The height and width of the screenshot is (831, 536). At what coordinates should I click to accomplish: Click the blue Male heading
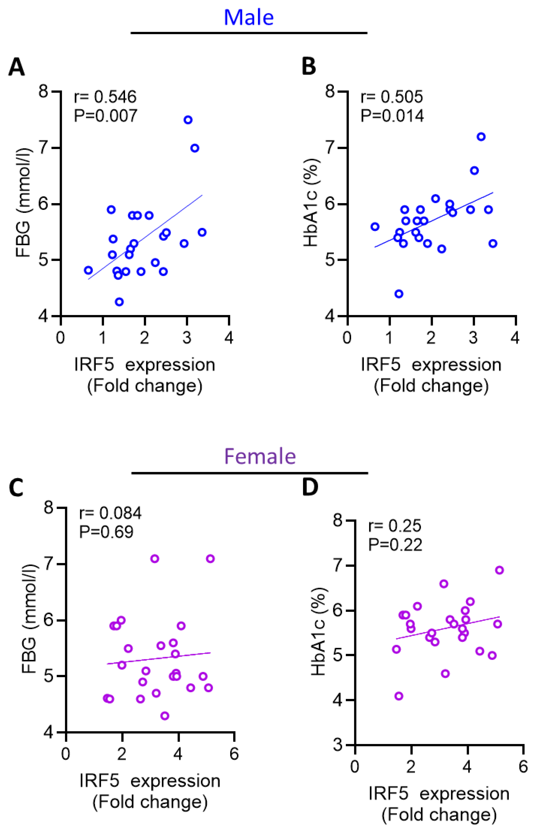point(249,17)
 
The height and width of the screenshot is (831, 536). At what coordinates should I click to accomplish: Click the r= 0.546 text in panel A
point(105,97)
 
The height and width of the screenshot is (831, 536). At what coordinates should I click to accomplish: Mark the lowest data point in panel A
point(119,302)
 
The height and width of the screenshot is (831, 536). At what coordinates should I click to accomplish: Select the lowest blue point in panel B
point(399,294)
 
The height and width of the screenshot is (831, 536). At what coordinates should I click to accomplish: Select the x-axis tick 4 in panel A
point(229,338)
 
